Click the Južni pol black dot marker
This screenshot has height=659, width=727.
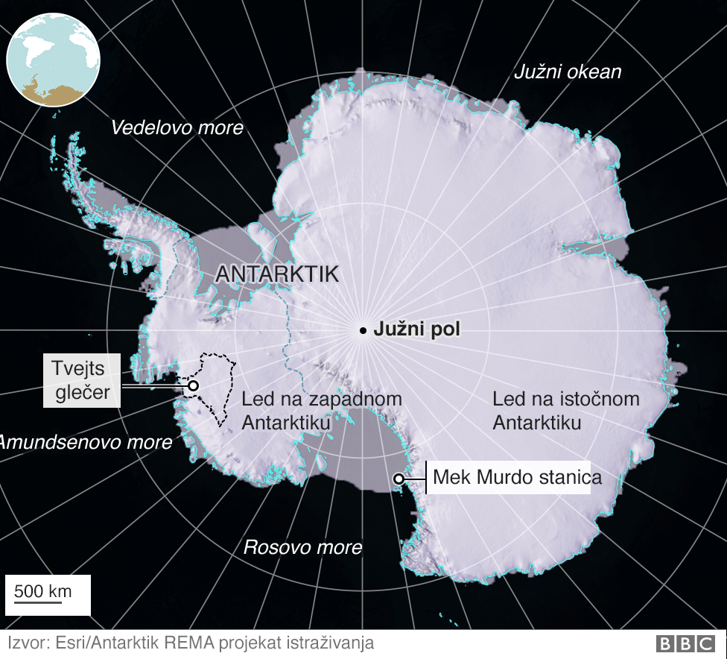pyautogui.click(x=363, y=330)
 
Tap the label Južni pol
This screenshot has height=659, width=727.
pyautogui.click(x=417, y=329)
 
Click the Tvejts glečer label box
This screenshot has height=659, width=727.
pyautogui.click(x=81, y=380)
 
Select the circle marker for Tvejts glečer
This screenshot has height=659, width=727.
pyautogui.click(x=193, y=385)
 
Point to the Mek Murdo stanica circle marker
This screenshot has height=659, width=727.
pyautogui.click(x=399, y=479)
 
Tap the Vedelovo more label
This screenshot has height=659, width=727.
pyautogui.click(x=177, y=128)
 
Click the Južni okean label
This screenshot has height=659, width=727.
pyautogui.click(x=568, y=72)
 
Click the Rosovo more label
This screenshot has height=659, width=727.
pyautogui.click(x=302, y=548)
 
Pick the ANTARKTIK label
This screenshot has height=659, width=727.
pyautogui.click(x=277, y=274)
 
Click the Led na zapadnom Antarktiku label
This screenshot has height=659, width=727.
pyautogui.click(x=321, y=411)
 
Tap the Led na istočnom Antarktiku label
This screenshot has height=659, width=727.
pyautogui.click(x=565, y=411)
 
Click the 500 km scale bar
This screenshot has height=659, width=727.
pyautogui.click(x=43, y=594)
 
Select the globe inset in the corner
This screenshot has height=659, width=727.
pyautogui.click(x=52, y=59)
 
